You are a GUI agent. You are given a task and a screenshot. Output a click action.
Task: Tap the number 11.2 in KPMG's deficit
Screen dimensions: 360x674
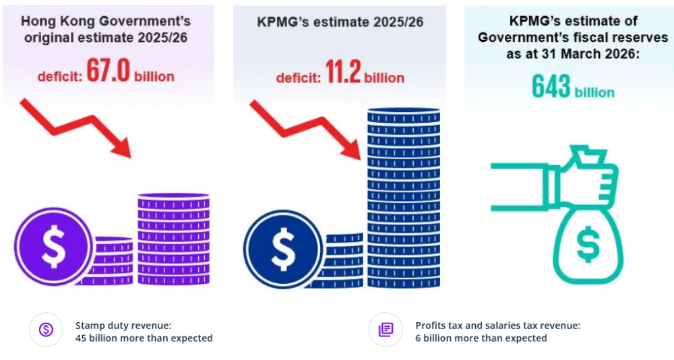point(344,74)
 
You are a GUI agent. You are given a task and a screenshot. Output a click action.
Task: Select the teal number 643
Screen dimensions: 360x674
point(551,87)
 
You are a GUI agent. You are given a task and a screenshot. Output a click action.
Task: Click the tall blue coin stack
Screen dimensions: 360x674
point(403,199)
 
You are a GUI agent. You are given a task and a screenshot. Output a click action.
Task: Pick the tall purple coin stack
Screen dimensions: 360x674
point(173,239)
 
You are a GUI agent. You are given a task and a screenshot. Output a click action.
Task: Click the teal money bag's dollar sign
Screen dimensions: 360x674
point(588,247)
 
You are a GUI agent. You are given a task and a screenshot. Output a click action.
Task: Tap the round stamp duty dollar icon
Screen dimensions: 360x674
point(46,330)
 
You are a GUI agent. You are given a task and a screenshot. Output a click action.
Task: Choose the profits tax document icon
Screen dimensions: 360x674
point(386,330)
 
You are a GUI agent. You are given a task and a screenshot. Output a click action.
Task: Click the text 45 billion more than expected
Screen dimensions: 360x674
point(144,338)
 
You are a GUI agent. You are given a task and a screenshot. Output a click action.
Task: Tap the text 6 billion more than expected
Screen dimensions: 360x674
point(481,338)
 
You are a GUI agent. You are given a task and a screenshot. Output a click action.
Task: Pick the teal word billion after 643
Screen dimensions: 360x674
point(594,92)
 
